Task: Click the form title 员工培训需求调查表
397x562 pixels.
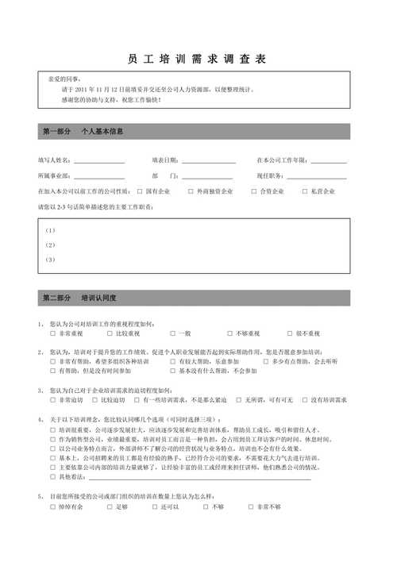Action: pos(198,60)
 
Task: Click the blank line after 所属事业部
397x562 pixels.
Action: pos(99,176)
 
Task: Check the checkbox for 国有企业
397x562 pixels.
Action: pos(140,191)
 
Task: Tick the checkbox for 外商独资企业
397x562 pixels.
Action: pos(191,191)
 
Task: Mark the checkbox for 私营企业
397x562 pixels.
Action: pos(304,191)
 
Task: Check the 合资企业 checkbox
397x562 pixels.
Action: pos(254,191)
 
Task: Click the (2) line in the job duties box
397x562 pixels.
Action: pos(119,244)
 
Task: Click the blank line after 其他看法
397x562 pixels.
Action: pos(198,477)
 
